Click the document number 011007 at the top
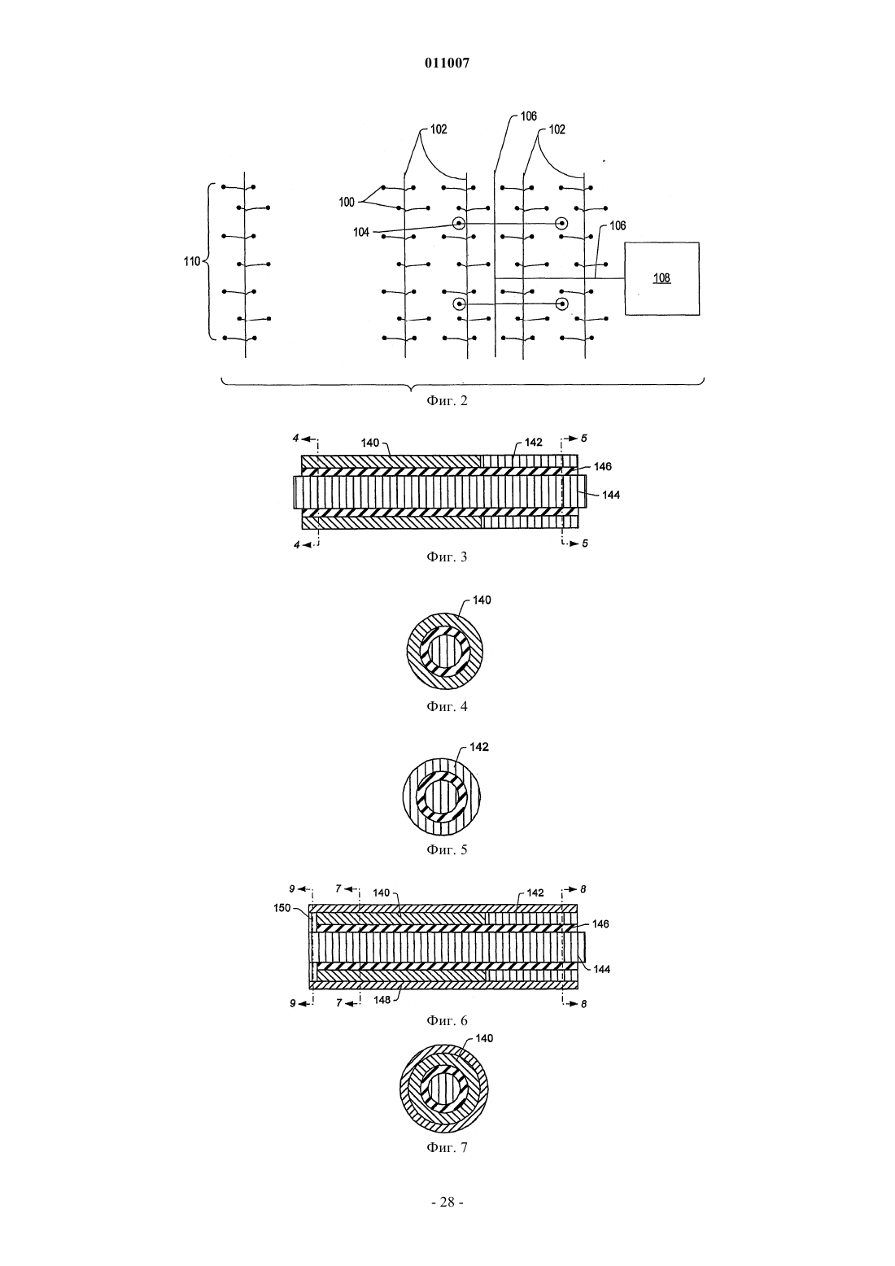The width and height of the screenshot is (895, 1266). pos(447,63)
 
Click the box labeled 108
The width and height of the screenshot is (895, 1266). pos(661,278)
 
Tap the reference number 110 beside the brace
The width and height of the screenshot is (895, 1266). pos(192,262)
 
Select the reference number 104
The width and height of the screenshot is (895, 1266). pos(361,232)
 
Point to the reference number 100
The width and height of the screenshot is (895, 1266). pos(347,202)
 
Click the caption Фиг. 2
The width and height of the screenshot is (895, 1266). pos(447,401)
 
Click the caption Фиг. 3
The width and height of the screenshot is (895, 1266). pos(447,557)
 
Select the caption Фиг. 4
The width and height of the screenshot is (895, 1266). pos(447,706)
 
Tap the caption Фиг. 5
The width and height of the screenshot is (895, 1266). pos(447,849)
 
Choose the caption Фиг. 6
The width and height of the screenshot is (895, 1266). pos(447,1020)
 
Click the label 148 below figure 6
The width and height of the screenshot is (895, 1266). pos(382,1000)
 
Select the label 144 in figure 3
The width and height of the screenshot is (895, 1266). pos(611,495)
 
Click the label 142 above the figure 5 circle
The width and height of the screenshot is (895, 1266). pos(479,747)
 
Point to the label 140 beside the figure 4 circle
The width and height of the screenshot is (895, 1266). pos(482,600)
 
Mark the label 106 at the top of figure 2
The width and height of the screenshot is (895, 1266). pos(528,116)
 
